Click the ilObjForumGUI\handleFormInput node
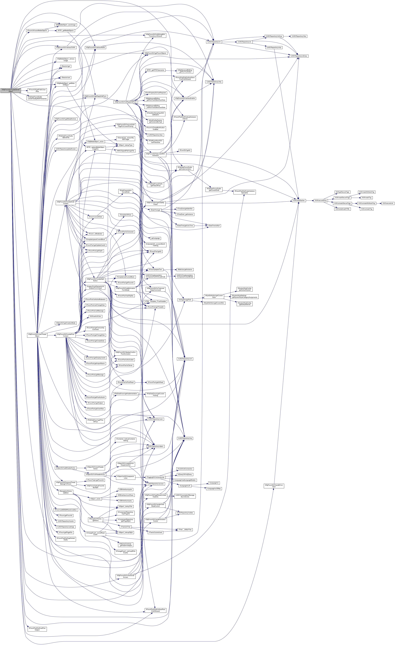pos(274,486)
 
